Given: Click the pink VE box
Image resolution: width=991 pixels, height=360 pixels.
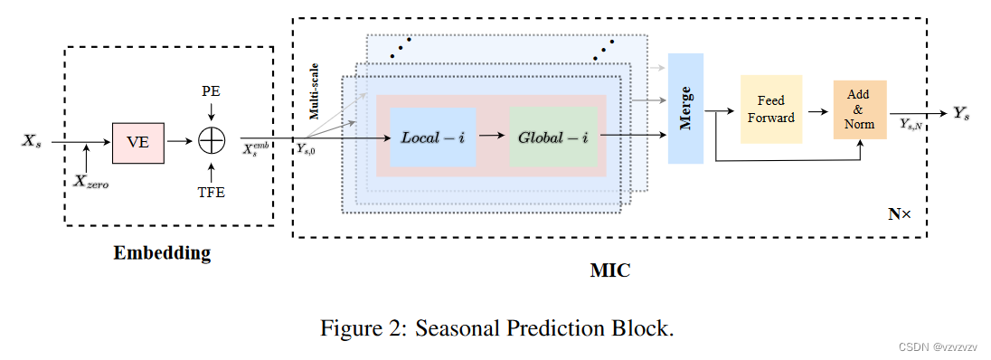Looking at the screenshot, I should coord(138,141).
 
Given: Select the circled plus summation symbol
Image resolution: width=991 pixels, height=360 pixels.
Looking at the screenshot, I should coord(211,141).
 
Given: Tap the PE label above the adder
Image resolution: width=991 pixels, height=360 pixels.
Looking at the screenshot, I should coord(211,92).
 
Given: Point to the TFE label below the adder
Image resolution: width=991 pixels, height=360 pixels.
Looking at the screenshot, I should coord(211,192).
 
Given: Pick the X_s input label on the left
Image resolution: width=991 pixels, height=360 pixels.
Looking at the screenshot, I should coord(33,141).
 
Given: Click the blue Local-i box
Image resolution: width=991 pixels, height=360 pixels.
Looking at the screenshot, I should coord(433,137).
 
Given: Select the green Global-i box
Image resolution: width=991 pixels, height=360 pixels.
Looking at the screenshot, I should coord(553,137).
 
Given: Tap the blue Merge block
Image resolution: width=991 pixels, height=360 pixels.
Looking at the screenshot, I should coord(685,109).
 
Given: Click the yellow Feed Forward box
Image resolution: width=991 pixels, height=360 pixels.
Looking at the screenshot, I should coord(770,109).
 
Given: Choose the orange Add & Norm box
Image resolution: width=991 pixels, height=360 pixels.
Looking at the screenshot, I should coord(859,109).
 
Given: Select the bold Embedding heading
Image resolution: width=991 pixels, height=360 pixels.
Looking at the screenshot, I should coord(162,253).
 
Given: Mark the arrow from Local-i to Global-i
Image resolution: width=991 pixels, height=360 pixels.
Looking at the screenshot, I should coord(492,137).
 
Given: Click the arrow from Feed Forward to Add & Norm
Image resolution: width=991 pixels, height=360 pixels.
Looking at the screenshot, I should coord(816,110).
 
